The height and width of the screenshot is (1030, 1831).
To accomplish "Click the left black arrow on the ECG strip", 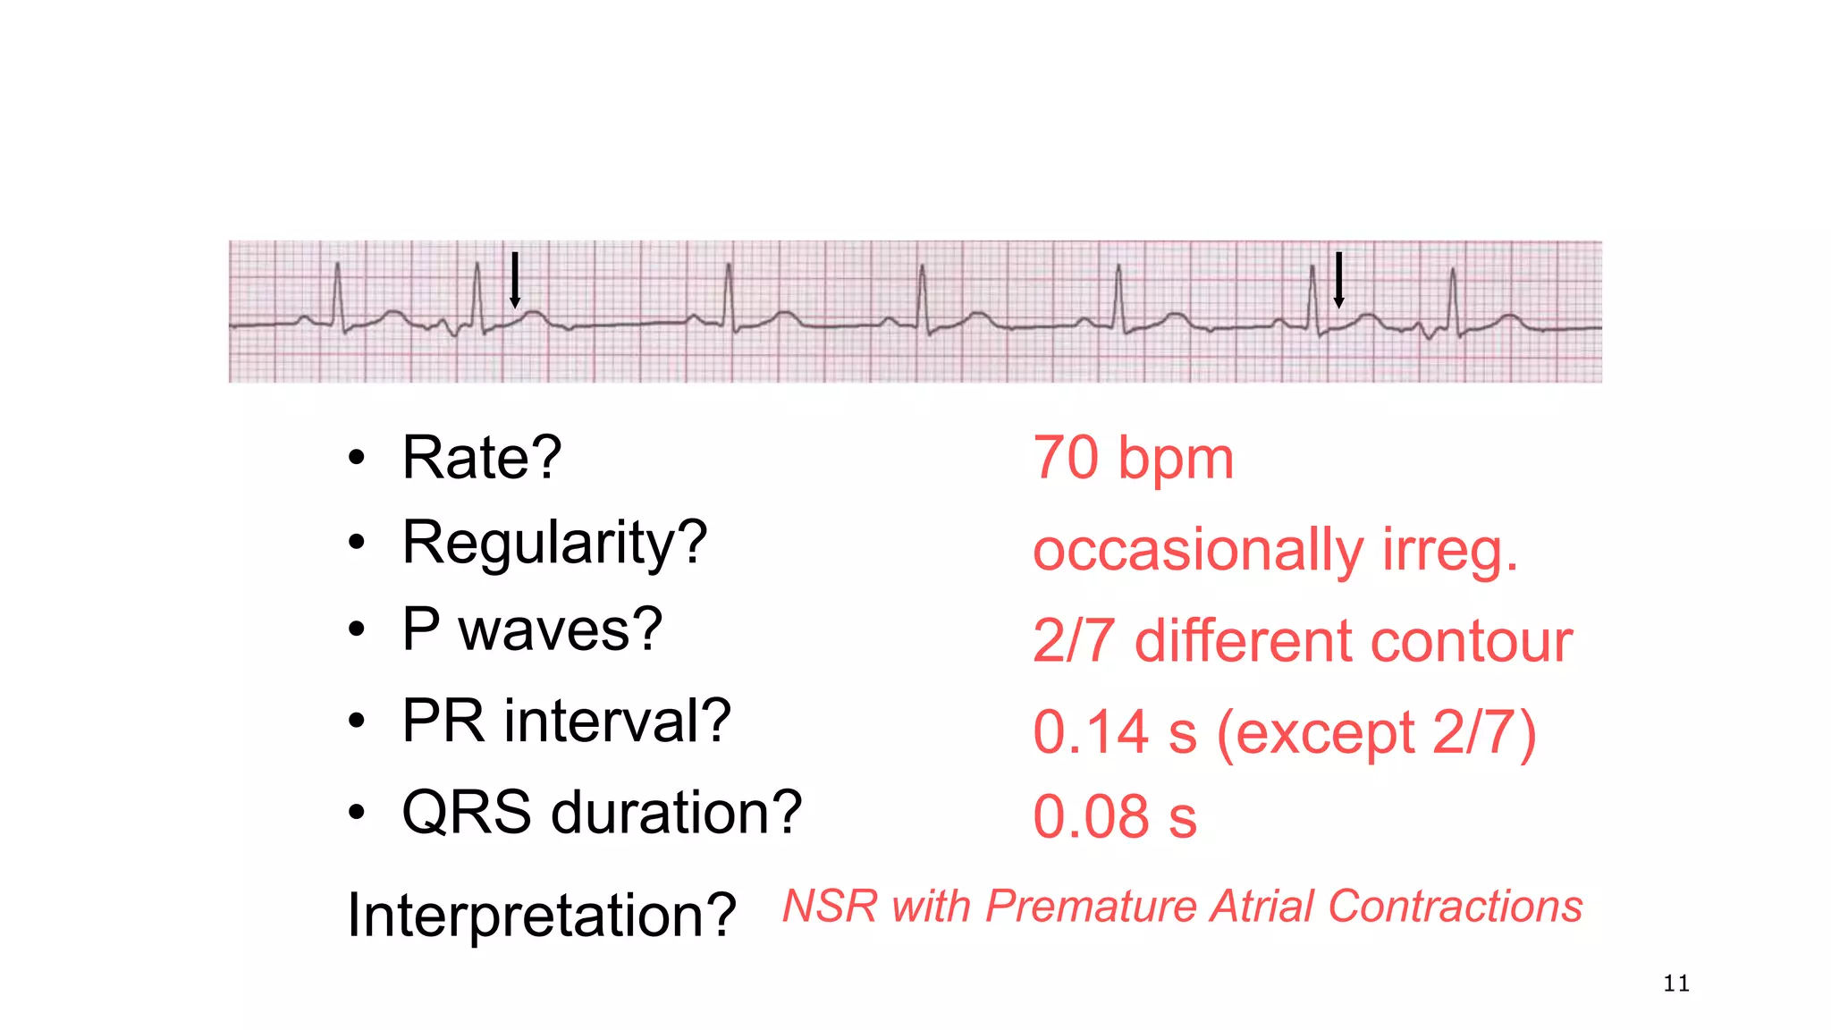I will point(515,280).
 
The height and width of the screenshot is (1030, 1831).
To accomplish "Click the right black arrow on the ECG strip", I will point(1338,280).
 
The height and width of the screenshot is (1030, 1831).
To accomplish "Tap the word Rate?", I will point(482,457).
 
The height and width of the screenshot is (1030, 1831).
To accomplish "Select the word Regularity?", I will point(554,543).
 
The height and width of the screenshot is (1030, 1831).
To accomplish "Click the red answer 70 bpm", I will point(1133,458).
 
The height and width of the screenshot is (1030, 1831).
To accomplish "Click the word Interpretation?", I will point(541,915).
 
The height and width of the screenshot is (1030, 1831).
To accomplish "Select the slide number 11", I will point(1676,984).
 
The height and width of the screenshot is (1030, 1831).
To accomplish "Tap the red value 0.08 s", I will point(1114,816).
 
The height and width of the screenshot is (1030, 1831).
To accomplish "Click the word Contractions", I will point(1455,907).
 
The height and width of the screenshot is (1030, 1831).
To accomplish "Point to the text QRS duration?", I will point(602,813).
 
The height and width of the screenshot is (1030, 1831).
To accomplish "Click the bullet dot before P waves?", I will point(357,629).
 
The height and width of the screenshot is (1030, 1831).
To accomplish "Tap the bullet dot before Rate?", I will point(357,458).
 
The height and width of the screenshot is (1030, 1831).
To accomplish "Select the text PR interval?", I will point(566,721).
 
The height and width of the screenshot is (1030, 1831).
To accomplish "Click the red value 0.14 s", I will point(1114,732).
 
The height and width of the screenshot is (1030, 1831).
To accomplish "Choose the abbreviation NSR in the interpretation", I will point(830,907).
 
